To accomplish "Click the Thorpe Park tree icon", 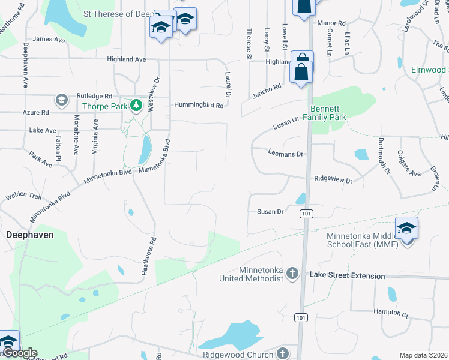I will pos(136,106).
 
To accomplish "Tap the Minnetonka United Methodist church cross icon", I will pos(292,274).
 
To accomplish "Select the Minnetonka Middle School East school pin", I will pos(407,229).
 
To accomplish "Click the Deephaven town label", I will pos(29,235).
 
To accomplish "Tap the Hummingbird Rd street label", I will pos(199,105).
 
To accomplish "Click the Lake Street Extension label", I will pos(347,275).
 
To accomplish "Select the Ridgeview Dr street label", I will pos(333,179).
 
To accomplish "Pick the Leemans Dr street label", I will pos(286,154).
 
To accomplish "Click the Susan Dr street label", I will pos(270,211).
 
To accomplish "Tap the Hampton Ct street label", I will pos(391,313).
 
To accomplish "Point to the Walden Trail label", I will pos(23,196).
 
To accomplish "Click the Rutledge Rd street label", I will pos(94,96).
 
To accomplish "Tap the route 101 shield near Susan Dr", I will pos(306,214).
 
